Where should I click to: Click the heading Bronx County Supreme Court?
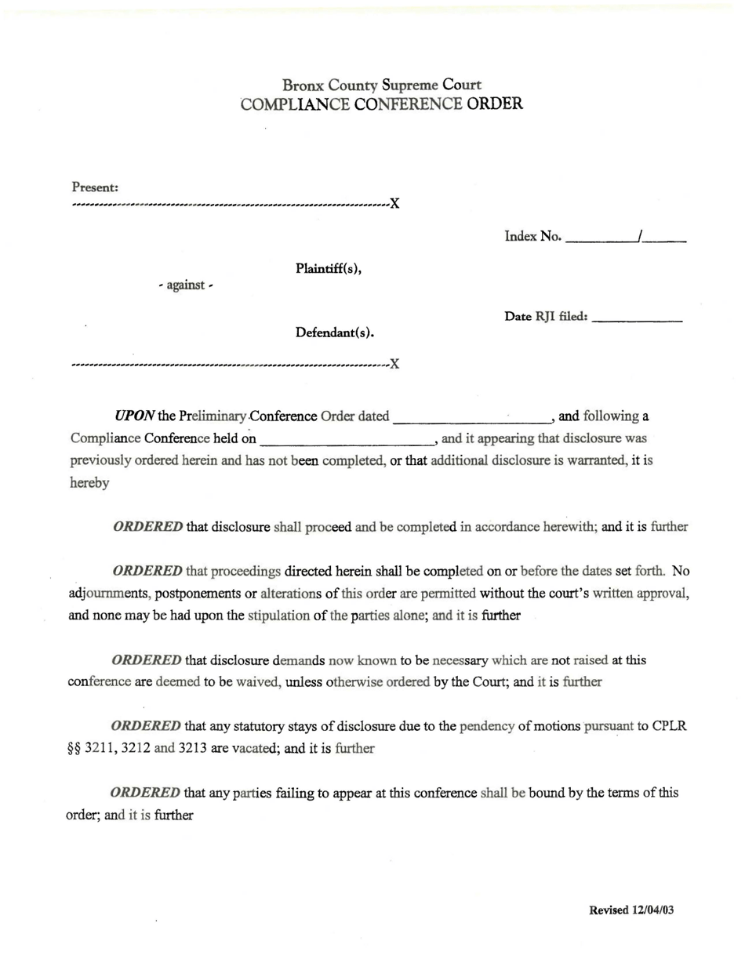382,85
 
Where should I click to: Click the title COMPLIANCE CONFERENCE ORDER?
382,104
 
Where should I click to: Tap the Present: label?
95,187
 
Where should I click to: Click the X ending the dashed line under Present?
394,204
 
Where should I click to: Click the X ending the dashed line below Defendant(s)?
394,364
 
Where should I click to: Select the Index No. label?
532,236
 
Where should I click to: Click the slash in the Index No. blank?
641,235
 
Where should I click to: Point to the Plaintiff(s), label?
328,269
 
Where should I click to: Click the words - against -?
185,285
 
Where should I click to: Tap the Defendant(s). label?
334,333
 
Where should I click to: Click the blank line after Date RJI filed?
638,318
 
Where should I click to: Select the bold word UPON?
134,416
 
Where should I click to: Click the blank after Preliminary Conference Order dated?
471,417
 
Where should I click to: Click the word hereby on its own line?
89,483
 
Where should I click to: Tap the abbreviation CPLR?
669,726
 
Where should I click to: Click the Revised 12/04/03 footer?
631,910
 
